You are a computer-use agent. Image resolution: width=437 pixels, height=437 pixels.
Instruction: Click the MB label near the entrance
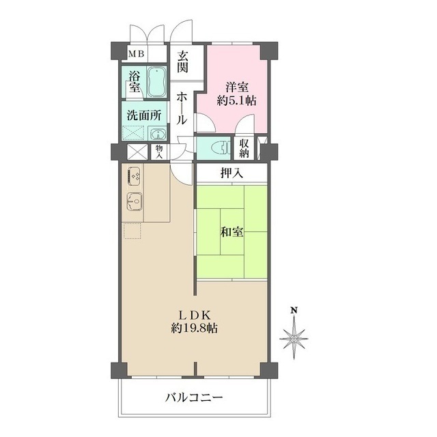pyautogui.click(x=136, y=54)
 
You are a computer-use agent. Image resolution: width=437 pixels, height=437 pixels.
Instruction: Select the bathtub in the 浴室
pyautogui.click(x=157, y=82)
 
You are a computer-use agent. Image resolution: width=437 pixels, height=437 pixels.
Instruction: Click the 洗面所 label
pyautogui.click(x=144, y=115)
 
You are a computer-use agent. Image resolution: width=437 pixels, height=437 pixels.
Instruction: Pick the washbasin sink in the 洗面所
pyautogui.click(x=158, y=135)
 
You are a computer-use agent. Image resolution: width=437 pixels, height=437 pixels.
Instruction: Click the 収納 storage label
pyautogui.click(x=243, y=148)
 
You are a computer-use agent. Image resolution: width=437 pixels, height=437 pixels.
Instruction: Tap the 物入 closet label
pyautogui.click(x=159, y=152)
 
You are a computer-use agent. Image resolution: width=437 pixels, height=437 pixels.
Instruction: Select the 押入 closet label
pyautogui.click(x=231, y=173)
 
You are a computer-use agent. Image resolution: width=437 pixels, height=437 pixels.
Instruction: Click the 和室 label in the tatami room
pyautogui.click(x=232, y=231)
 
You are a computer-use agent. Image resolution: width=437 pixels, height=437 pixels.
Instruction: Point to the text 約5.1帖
pyautogui.click(x=236, y=100)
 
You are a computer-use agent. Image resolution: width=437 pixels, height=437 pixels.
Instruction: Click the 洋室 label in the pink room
pyautogui.click(x=237, y=87)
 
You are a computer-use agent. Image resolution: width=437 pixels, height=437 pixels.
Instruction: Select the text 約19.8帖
pyautogui.click(x=194, y=328)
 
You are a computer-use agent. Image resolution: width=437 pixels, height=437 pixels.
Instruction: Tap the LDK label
pyautogui.click(x=194, y=315)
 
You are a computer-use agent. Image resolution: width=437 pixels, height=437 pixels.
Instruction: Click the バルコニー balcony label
pyautogui.click(x=194, y=397)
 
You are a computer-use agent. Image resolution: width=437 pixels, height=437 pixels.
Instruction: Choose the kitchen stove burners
pyautogui.click(x=134, y=176)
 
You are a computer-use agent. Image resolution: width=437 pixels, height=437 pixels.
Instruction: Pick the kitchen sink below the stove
pyautogui.click(x=135, y=201)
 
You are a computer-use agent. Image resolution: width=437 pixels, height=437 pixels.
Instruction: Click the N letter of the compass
pyautogui.click(x=294, y=310)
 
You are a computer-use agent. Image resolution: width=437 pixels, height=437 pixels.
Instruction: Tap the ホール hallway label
pyautogui.click(x=182, y=109)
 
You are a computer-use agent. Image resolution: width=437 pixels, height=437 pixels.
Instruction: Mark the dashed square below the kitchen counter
pyautogui.click(x=132, y=231)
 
